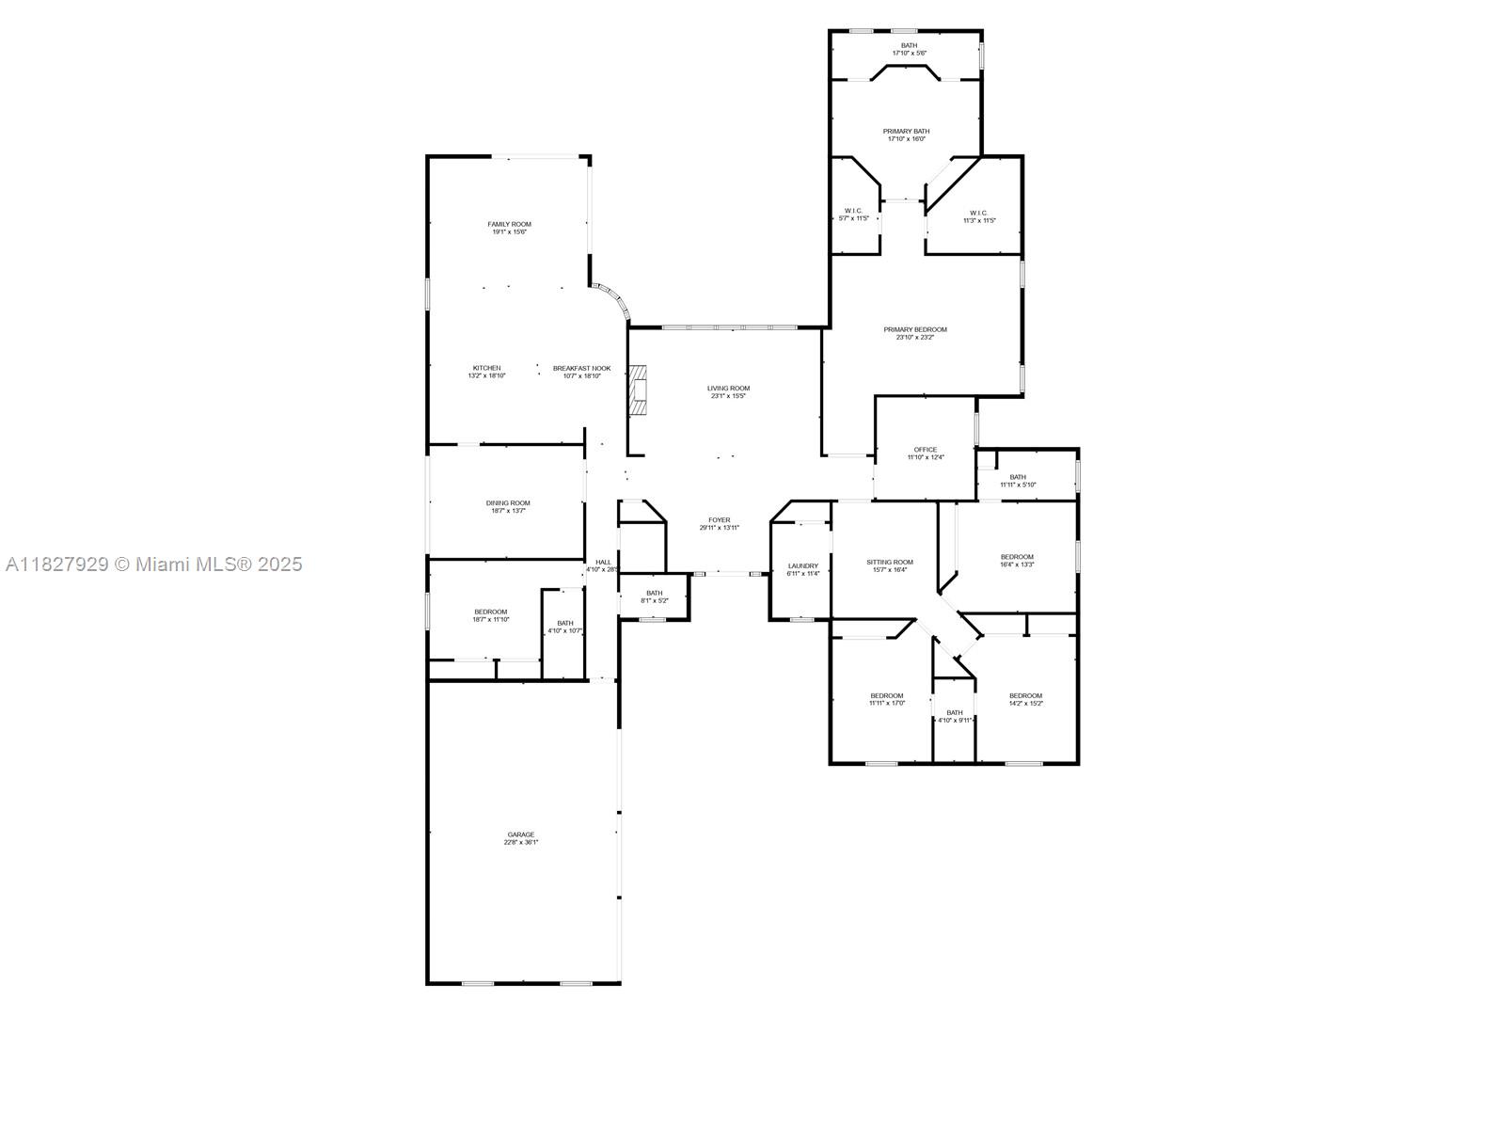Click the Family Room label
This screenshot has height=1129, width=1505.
click(x=509, y=224)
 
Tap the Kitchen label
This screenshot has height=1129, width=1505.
click(x=486, y=368)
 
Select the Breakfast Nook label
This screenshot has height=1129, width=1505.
click(x=581, y=368)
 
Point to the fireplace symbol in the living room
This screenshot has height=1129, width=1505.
click(x=640, y=389)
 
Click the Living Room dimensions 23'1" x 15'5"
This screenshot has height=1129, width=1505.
click(x=728, y=396)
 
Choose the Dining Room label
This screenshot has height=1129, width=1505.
click(x=508, y=503)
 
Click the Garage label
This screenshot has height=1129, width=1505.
click(x=521, y=835)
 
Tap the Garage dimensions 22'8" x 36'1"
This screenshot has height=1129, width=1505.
click(x=521, y=843)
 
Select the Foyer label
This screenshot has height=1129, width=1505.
click(x=720, y=520)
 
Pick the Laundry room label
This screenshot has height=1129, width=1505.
click(x=803, y=566)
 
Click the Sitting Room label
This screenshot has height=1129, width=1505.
click(x=890, y=563)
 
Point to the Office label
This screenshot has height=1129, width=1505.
click(x=926, y=450)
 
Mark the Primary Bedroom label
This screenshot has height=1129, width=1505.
click(x=915, y=329)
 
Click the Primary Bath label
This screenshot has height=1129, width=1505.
click(x=907, y=132)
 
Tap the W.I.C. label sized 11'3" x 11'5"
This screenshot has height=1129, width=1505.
click(x=978, y=213)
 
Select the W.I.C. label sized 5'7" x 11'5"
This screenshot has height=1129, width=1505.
click(x=854, y=211)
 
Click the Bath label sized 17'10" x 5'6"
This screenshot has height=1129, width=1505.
click(x=909, y=45)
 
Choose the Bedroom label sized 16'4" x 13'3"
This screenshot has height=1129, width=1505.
click(x=1017, y=557)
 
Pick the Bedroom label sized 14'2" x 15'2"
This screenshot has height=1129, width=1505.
click(x=1025, y=696)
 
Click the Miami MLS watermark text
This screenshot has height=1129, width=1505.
click(x=153, y=564)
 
